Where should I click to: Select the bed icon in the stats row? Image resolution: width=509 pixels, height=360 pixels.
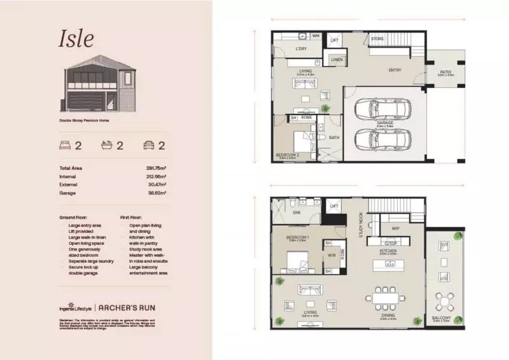(66, 145)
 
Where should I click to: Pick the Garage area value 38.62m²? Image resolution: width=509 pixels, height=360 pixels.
(156, 193)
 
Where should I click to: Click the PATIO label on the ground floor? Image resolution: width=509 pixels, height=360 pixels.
(446, 73)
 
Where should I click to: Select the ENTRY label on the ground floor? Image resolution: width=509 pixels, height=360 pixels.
(394, 70)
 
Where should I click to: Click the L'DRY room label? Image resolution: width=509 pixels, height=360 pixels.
(302, 49)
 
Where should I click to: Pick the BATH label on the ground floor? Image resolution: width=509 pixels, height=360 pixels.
(333, 137)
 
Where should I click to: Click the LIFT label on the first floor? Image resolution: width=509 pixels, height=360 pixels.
(333, 206)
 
